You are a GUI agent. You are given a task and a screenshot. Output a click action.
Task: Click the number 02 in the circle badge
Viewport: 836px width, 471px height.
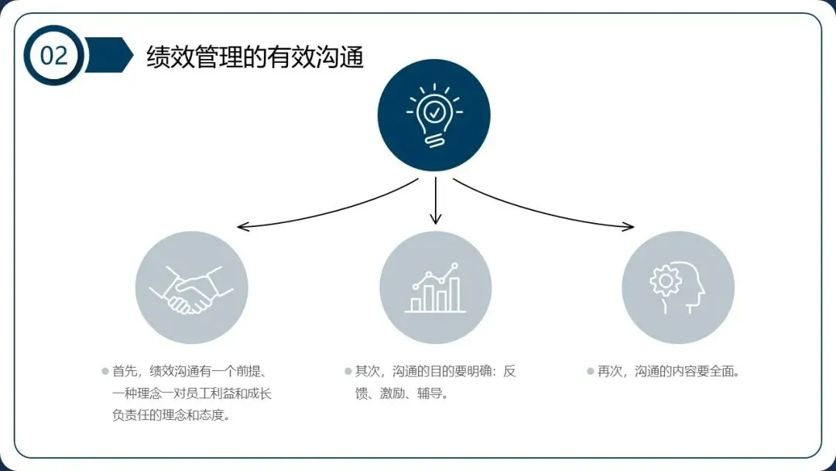click(53, 56)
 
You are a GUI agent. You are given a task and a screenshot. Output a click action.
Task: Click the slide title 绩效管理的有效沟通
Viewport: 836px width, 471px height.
click(255, 57)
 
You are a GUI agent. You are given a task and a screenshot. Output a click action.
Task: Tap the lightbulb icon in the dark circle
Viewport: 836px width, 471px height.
click(434, 115)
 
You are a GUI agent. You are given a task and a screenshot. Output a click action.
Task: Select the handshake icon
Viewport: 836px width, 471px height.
click(191, 288)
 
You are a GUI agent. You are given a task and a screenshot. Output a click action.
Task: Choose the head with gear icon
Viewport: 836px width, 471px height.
click(678, 288)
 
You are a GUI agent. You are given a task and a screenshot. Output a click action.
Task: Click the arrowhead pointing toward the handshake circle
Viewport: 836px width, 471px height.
click(242, 227)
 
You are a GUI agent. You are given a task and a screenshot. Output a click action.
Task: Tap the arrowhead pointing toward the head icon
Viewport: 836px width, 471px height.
click(629, 226)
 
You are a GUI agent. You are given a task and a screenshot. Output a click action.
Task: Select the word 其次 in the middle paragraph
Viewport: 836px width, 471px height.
click(368, 371)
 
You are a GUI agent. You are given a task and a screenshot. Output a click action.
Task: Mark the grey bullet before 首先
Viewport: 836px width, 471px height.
click(105, 371)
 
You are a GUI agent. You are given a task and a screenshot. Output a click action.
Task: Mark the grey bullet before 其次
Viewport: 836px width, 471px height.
click(348, 371)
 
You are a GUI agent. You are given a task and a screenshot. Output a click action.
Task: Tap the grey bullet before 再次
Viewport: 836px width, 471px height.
click(590, 371)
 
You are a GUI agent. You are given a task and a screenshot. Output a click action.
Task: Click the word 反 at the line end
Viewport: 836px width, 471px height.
click(509, 371)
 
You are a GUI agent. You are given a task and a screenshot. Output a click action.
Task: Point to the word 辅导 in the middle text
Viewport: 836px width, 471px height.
click(433, 394)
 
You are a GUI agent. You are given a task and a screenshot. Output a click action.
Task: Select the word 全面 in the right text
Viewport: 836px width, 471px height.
click(719, 371)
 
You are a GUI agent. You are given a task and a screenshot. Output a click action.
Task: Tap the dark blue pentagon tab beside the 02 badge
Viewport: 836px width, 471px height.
click(108, 55)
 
